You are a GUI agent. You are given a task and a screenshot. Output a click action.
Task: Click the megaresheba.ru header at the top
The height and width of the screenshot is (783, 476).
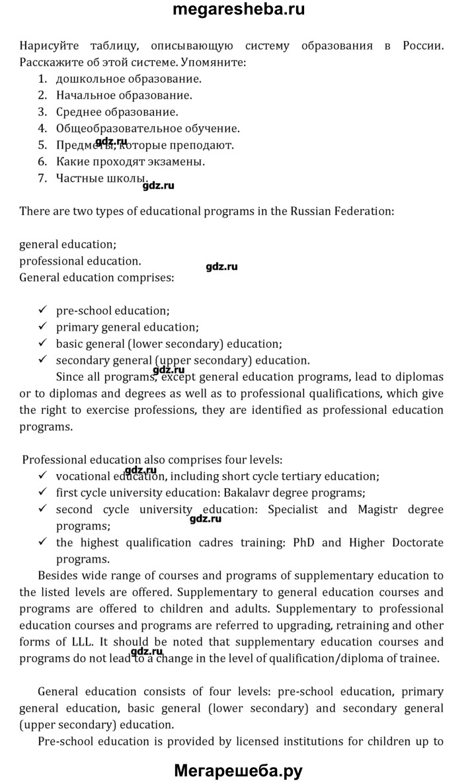click(x=238, y=10)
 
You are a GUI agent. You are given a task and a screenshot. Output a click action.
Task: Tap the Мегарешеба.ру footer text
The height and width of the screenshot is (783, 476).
click(x=238, y=770)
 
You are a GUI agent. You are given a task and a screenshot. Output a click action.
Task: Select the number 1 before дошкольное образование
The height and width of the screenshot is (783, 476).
click(x=42, y=79)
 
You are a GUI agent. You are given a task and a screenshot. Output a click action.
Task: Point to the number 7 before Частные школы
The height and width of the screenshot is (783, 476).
click(x=42, y=178)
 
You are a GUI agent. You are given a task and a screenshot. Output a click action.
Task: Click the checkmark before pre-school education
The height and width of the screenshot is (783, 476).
click(x=43, y=310)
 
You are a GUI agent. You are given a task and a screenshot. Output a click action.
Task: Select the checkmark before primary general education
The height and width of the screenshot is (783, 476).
click(x=43, y=327)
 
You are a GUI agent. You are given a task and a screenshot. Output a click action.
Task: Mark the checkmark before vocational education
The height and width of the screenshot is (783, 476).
click(x=43, y=475)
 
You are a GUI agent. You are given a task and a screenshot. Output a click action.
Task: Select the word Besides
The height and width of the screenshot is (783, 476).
click(x=59, y=575)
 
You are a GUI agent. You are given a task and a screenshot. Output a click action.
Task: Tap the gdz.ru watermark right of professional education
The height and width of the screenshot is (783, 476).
click(x=221, y=267)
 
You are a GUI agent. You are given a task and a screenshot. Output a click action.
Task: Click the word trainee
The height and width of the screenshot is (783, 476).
click(x=417, y=658)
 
